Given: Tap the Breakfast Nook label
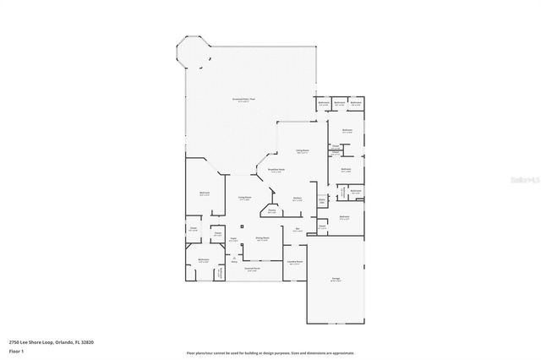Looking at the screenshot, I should point(276,170).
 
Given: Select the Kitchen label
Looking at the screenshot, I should point(298,199).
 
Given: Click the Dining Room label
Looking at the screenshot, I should point(262,239).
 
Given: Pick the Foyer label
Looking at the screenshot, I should point(232,239).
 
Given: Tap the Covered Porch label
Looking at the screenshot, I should point(251,270).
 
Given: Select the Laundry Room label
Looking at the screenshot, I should point(293,263).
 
